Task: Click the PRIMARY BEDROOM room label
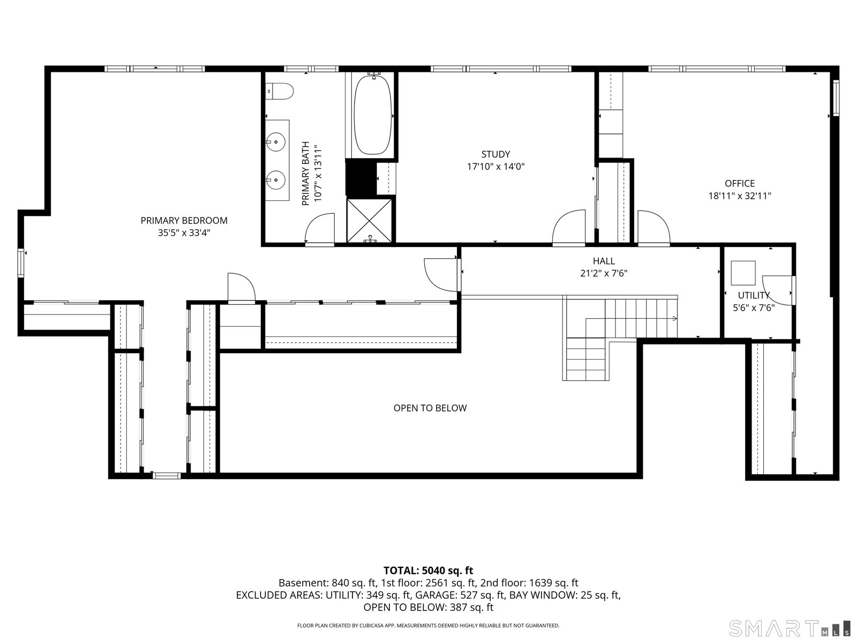click(184, 220)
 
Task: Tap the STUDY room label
click(495, 154)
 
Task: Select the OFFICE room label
click(740, 183)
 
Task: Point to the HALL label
click(604, 261)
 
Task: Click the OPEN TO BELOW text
click(430, 408)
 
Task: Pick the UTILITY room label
click(754, 295)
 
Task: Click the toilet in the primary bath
click(280, 91)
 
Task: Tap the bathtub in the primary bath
click(372, 115)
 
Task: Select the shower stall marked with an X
click(369, 221)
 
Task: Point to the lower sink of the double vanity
click(276, 180)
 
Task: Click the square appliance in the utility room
click(743, 273)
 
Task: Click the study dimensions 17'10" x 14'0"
click(495, 167)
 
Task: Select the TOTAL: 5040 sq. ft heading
click(428, 570)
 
